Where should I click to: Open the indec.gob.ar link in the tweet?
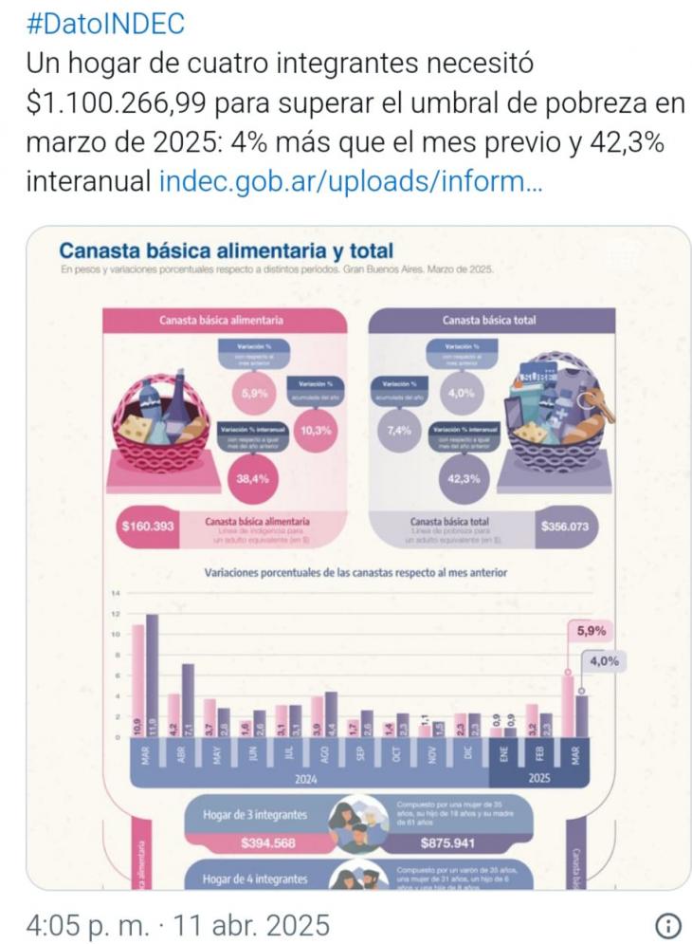coord(351,179)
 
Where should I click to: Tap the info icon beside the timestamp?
coord(667,924)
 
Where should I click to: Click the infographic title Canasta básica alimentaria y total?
coord(226,251)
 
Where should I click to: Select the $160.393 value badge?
coord(149,527)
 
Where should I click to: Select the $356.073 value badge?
coord(567,527)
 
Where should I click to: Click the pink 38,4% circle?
coord(249,478)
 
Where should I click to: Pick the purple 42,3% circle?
coord(459,478)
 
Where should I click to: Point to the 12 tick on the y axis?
coord(116,614)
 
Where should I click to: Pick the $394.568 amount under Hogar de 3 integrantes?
coord(268,842)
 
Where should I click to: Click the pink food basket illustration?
coord(160,421)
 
